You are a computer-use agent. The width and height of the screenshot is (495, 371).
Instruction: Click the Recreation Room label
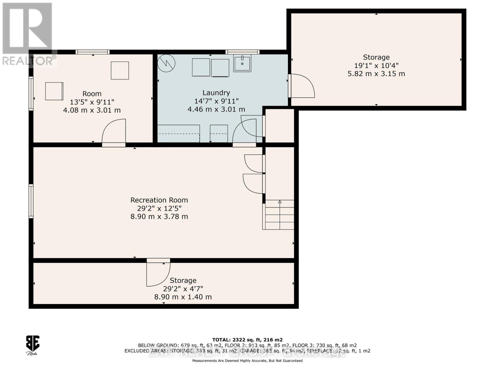click(159, 200)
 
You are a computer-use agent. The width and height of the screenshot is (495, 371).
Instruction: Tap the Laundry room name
click(216, 93)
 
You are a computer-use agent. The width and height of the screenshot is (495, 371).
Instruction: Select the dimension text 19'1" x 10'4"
click(376, 66)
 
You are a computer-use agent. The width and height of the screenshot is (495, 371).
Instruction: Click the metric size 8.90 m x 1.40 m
click(183, 297)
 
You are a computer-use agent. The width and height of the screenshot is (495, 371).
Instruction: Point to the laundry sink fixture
click(242, 63)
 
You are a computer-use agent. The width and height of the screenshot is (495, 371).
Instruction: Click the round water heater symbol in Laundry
click(166, 63)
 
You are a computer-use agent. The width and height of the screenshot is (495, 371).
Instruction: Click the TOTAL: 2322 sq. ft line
click(247, 340)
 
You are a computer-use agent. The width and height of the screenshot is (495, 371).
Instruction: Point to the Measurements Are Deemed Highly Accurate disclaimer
click(247, 361)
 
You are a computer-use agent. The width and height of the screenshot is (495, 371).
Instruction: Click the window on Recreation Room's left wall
click(31, 201)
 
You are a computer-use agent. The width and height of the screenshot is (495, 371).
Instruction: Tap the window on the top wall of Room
click(93, 52)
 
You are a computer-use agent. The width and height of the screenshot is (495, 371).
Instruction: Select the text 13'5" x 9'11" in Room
click(92, 102)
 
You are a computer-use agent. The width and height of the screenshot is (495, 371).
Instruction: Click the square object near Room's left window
click(54, 91)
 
